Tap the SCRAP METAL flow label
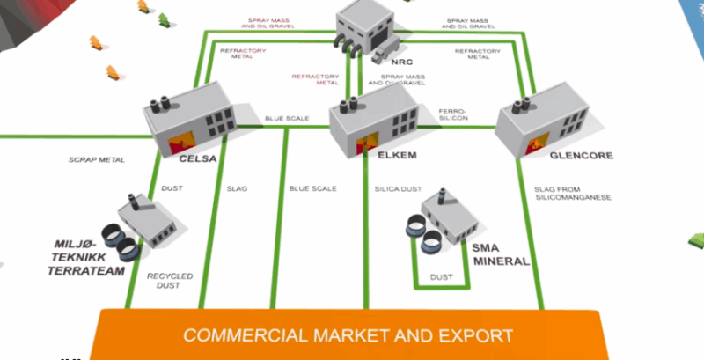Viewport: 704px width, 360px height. [x=97, y=160]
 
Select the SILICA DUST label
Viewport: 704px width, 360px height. [x=394, y=188]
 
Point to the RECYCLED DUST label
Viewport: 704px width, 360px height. [x=170, y=281]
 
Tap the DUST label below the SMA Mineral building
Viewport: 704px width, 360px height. [x=441, y=277]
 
